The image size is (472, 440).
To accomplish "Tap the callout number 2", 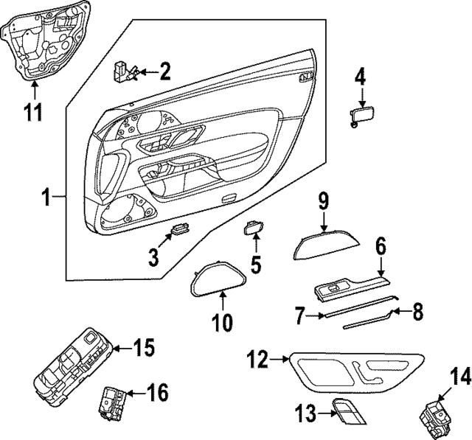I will coord(164,71).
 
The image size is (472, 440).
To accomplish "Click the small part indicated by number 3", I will coord(179,231).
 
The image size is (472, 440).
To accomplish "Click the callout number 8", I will coord(417,313).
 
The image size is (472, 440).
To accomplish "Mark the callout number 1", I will coord(46,197).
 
